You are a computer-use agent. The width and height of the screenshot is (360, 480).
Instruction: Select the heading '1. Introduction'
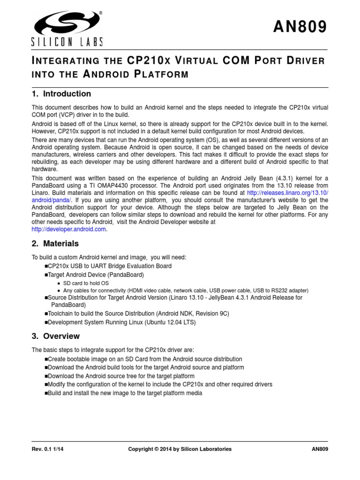point(61,94)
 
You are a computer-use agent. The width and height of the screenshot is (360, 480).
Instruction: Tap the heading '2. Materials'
point(55,244)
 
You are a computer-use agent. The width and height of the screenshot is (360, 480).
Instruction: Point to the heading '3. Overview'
point(55,336)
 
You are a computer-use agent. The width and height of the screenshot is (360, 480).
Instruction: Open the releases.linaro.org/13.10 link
point(287,193)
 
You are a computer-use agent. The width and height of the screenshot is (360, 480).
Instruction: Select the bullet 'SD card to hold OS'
point(86,284)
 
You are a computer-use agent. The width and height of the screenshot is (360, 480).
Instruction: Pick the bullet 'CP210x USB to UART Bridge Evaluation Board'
point(109,266)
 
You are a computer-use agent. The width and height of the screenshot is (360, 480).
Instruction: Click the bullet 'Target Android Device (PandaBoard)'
point(96,275)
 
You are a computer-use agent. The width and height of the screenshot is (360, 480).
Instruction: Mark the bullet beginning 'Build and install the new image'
point(125,393)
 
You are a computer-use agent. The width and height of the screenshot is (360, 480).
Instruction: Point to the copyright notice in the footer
point(180,449)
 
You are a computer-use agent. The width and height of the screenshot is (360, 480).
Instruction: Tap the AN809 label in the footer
point(320,449)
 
